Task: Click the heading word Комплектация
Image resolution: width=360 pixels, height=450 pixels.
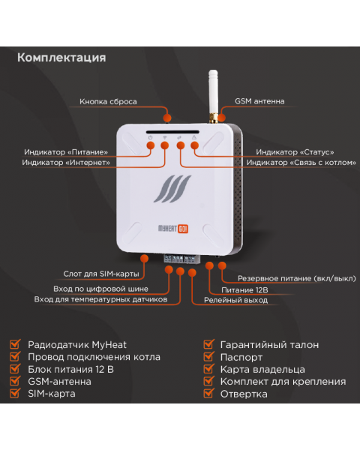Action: pyautogui.click(x=61, y=58)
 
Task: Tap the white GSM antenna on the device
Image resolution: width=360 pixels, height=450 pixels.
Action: pyautogui.click(x=213, y=95)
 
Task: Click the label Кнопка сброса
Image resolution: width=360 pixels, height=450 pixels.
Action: pyautogui.click(x=108, y=101)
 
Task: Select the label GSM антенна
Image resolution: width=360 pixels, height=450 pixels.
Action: pyautogui.click(x=259, y=101)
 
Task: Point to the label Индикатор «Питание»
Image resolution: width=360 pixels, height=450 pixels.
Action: pyautogui.click(x=66, y=152)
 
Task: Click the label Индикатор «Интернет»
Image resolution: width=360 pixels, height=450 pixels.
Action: pyautogui.click(x=66, y=163)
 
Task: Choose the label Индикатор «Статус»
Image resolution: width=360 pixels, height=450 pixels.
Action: pyautogui.click(x=295, y=152)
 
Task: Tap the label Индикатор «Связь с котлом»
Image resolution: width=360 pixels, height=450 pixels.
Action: pyautogui.click(x=301, y=163)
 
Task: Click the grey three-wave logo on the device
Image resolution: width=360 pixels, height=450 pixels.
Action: pyautogui.click(x=172, y=189)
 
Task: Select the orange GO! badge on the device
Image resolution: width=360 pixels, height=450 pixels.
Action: pyautogui.click(x=183, y=229)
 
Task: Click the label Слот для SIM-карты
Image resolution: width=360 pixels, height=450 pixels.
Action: pyautogui.click(x=101, y=274)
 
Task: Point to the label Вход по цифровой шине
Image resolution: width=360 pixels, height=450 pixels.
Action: pyautogui.click(x=100, y=289)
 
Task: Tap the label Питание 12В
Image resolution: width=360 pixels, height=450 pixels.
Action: pyautogui.click(x=244, y=290)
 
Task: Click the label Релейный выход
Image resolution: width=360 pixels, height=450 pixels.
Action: pyautogui.click(x=235, y=301)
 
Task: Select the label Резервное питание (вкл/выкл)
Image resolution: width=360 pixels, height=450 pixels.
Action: pyautogui.click(x=297, y=279)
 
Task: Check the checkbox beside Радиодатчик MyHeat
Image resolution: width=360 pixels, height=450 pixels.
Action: pyautogui.click(x=15, y=344)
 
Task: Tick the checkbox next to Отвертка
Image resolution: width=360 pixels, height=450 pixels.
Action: pyautogui.click(x=208, y=394)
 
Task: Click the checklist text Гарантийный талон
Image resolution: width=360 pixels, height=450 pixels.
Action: pyautogui.click(x=269, y=345)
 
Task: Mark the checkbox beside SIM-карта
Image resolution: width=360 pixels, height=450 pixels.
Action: pyautogui.click(x=15, y=393)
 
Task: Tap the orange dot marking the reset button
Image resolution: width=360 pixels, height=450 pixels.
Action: pyautogui.click(x=167, y=118)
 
